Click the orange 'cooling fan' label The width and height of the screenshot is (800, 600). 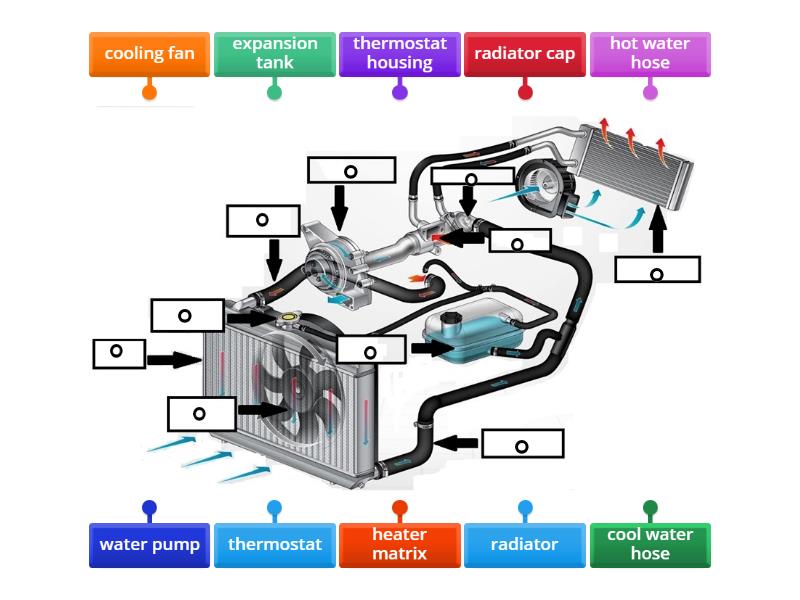pyautogui.click(x=149, y=54)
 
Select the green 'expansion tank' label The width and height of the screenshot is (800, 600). pyautogui.click(x=274, y=54)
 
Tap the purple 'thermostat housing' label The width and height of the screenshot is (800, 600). pyautogui.click(x=399, y=54)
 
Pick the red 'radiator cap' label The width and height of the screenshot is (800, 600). pyautogui.click(x=525, y=54)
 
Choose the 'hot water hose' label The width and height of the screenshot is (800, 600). pyautogui.click(x=650, y=54)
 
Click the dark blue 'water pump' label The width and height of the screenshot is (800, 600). pyautogui.click(x=149, y=545)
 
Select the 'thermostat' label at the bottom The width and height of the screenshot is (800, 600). pyautogui.click(x=274, y=545)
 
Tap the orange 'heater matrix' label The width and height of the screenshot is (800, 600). pyautogui.click(x=399, y=545)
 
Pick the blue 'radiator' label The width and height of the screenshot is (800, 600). pyautogui.click(x=525, y=545)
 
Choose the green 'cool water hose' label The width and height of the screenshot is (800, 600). pyautogui.click(x=650, y=545)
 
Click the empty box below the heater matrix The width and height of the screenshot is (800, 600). pyautogui.click(x=657, y=270)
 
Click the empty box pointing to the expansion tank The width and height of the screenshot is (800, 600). pyautogui.click(x=371, y=349)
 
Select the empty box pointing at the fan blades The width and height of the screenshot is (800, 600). pyautogui.click(x=200, y=412)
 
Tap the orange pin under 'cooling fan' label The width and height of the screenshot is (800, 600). pyautogui.click(x=149, y=92)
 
